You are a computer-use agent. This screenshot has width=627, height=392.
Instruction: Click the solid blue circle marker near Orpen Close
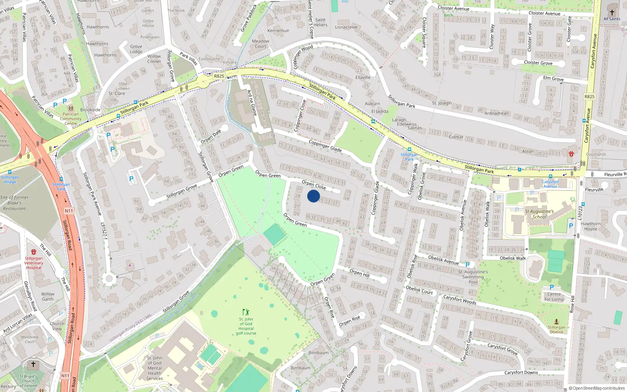[x=313, y=196]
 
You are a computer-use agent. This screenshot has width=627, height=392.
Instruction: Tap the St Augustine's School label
[x=539, y=214]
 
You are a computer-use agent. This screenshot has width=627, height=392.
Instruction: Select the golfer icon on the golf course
[x=246, y=312]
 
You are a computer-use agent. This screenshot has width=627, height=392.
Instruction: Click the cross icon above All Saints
[x=612, y=12]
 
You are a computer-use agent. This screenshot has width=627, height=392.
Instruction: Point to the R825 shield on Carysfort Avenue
[x=589, y=96]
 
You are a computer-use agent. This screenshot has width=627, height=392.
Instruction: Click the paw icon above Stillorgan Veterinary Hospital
[x=34, y=252]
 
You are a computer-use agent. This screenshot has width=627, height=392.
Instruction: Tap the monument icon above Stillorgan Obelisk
[x=556, y=321]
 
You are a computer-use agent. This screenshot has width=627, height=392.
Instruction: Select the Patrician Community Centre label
[x=71, y=119]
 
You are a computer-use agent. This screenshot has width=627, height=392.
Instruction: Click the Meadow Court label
[x=261, y=44]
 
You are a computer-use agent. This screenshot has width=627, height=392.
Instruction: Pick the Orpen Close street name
[x=314, y=185]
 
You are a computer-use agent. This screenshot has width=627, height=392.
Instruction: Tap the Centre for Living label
[x=554, y=297]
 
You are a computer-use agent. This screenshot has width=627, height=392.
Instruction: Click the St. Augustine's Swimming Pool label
[x=473, y=277]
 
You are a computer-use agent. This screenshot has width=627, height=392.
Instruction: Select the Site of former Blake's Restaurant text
[x=14, y=203]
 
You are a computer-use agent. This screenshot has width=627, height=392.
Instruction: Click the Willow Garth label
[x=48, y=296]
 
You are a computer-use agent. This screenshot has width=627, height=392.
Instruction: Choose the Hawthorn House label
[x=591, y=226]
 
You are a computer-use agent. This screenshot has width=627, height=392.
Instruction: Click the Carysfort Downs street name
[x=521, y=372]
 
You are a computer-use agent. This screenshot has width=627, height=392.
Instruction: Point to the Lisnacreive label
[x=346, y=27]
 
